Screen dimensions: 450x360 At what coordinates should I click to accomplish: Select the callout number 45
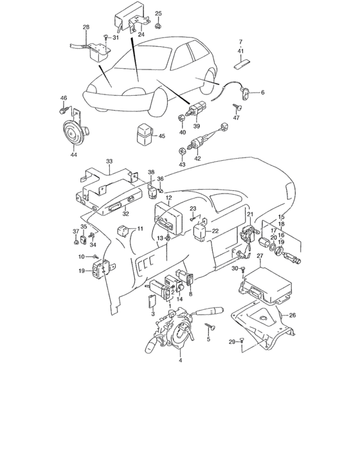tap(162, 136)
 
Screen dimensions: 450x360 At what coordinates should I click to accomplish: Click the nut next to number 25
tap(159, 26)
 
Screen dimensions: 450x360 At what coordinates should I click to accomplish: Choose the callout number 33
tap(109, 161)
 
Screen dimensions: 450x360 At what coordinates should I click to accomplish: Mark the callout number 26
tap(292, 316)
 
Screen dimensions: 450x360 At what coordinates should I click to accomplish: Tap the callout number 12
tap(168, 199)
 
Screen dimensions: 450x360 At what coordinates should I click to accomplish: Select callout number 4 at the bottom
tap(180, 361)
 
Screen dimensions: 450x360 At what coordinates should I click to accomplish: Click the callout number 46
tap(64, 98)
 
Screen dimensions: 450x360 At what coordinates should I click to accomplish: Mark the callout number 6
tap(262, 93)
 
